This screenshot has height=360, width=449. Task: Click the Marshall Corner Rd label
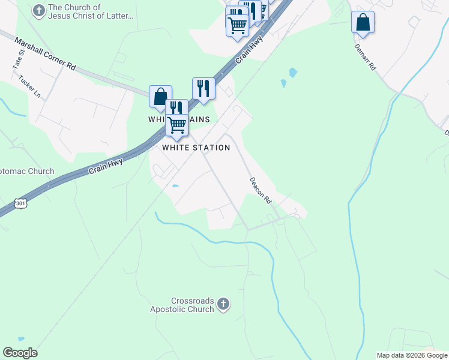coord(46,55)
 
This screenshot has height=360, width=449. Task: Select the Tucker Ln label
coord(29,87)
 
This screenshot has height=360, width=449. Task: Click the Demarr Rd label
coord(365,58)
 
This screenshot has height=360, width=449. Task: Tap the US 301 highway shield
coord(20,204)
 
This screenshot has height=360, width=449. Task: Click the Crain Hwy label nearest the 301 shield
coord(106,166)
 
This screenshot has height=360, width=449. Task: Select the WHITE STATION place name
coord(196,148)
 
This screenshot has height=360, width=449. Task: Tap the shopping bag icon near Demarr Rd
coord(363,22)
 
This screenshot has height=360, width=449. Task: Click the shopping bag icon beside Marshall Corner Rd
coord(160,97)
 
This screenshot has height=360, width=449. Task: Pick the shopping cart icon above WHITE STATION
coord(176,125)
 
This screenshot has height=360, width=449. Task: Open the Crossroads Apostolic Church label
coord(184,305)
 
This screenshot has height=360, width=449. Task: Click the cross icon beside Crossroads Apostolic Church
coord(223,304)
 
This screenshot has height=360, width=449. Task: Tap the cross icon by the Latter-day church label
coord(38,11)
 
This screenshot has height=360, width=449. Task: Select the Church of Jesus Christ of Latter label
coord(90,11)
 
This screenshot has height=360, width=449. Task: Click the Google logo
coord(20,353)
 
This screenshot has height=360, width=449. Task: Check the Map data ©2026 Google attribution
coord(412,355)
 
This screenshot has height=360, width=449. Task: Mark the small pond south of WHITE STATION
coord(175,186)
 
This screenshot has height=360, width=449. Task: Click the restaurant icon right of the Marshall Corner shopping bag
coord(203,89)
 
